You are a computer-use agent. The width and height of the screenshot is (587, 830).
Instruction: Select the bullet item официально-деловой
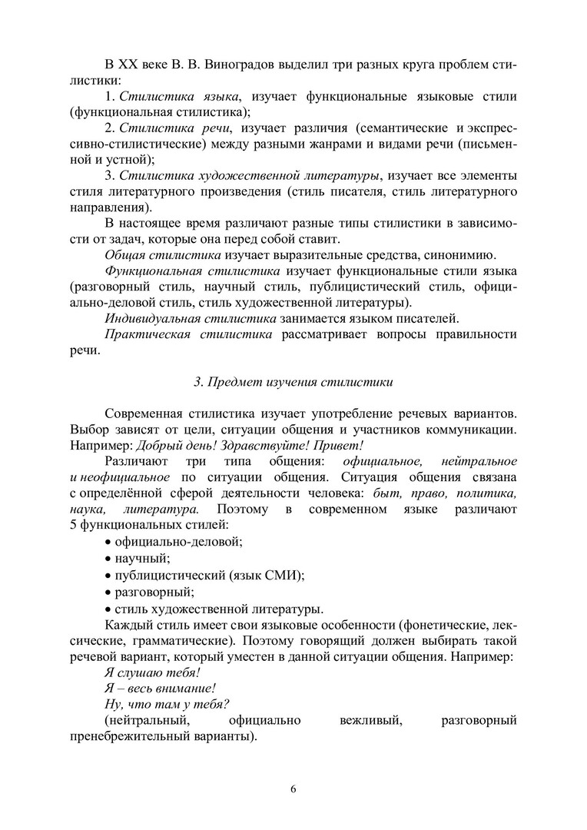coord(178,541)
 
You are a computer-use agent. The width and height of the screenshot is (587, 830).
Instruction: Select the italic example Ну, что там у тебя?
coord(167,704)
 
